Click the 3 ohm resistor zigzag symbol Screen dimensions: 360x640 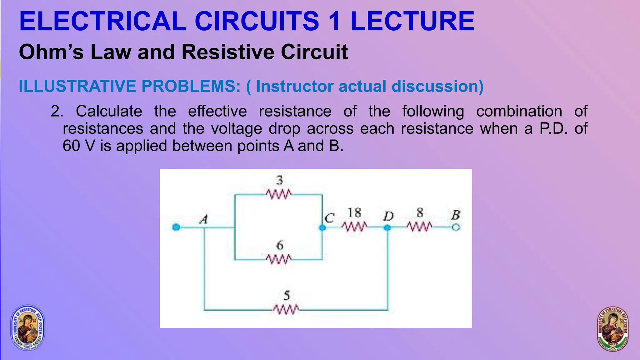279,194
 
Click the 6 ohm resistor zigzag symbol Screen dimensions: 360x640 279,259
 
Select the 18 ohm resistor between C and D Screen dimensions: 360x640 354,227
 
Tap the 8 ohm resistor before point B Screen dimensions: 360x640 420,227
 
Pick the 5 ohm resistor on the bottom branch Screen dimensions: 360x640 286,310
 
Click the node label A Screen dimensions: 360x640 204,219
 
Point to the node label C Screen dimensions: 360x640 329,218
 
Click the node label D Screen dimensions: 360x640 388,216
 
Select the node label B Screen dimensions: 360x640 456,215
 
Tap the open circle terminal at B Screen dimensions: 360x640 456,227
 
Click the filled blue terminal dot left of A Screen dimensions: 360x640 176,227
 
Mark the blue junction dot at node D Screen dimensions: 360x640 387,227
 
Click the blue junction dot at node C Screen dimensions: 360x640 322,227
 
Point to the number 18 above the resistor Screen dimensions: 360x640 354,213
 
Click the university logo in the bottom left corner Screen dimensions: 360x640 28,327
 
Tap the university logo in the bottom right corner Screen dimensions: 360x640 612,329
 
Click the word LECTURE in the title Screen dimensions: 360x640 412,21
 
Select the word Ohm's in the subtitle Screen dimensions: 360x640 51,52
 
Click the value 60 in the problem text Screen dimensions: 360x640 72,146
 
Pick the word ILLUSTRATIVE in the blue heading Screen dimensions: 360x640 77,86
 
